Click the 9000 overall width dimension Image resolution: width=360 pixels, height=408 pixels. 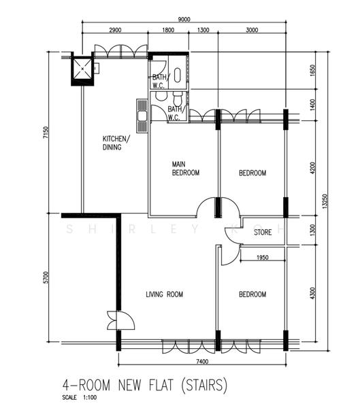[184, 19]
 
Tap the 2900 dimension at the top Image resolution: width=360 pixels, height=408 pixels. [115, 30]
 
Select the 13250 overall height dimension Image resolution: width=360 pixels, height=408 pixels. [325, 201]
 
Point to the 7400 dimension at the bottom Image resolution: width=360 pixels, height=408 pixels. [202, 362]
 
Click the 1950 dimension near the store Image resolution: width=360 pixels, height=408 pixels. [262, 258]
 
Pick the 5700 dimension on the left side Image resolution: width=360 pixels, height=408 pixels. [46, 277]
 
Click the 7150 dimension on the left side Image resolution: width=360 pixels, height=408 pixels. [46, 133]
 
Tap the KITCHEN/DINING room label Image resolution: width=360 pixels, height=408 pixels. [116, 143]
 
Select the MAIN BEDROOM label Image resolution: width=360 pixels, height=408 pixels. [186, 169]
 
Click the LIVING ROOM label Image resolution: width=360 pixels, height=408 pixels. [165, 294]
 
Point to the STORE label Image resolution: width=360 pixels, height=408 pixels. [263, 232]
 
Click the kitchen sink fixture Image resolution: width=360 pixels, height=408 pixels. [142, 116]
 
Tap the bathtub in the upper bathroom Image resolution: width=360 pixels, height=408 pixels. [177, 75]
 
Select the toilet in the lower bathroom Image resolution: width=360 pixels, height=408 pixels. [178, 97]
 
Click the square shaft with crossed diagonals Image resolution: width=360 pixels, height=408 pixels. [82, 69]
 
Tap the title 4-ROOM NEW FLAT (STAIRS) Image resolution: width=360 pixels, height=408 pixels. [144, 385]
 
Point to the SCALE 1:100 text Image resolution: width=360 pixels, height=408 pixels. [80, 397]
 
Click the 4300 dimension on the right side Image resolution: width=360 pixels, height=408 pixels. [312, 293]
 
